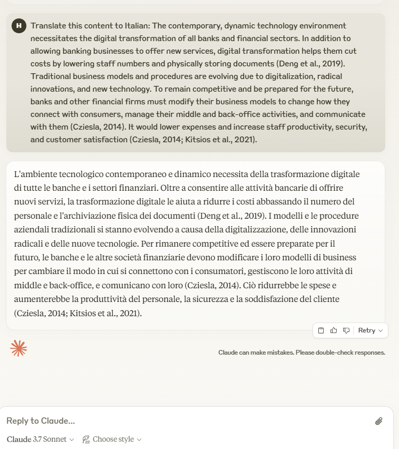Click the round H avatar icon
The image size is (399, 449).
coord(19,26)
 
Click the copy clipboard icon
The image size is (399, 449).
coord(321,330)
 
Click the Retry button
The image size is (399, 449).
coord(371,330)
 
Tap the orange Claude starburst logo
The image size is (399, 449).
coord(18,348)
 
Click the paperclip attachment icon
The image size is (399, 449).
coord(378,421)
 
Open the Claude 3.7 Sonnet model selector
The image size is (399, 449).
coord(40,440)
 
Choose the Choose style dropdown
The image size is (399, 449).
coord(112,440)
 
